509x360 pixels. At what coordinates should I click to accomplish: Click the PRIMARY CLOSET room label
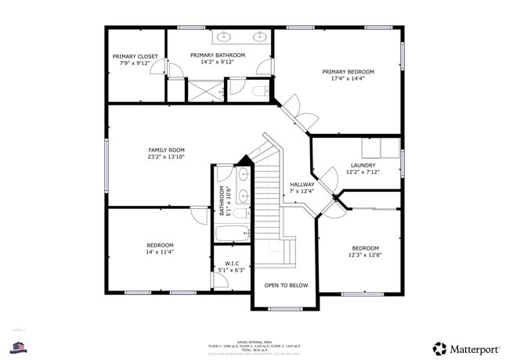(x=135, y=56)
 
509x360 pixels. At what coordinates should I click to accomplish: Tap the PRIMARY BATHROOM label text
(x=218, y=55)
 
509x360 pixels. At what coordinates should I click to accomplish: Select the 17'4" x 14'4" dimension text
(x=348, y=79)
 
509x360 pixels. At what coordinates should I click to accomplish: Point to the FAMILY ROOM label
(x=166, y=149)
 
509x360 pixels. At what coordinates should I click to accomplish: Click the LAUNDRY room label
(x=363, y=165)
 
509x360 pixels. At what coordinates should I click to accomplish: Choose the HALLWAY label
(x=301, y=185)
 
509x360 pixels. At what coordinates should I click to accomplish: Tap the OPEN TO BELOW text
(x=286, y=286)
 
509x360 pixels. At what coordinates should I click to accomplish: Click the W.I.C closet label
(x=232, y=263)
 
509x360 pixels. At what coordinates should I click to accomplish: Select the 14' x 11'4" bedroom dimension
(x=159, y=252)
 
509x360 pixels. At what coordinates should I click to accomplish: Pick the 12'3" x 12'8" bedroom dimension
(x=365, y=255)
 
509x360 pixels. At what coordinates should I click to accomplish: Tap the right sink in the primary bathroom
(x=258, y=36)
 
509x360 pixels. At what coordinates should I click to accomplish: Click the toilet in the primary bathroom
(x=260, y=92)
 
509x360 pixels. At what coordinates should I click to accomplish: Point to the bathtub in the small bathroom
(x=232, y=232)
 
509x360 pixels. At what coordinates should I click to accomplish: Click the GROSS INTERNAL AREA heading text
(x=254, y=340)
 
